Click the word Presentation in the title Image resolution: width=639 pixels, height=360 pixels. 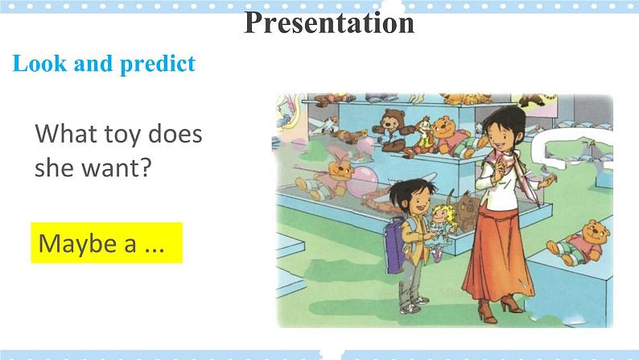[329, 23]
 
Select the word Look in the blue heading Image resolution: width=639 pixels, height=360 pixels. [39, 63]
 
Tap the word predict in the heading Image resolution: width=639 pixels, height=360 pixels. [158, 64]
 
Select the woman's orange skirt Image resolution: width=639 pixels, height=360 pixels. [497, 258]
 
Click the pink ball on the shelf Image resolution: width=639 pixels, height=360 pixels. [361, 180]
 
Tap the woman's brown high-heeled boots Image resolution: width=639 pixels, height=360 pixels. [500, 308]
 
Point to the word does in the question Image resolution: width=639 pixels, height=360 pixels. [175, 134]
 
